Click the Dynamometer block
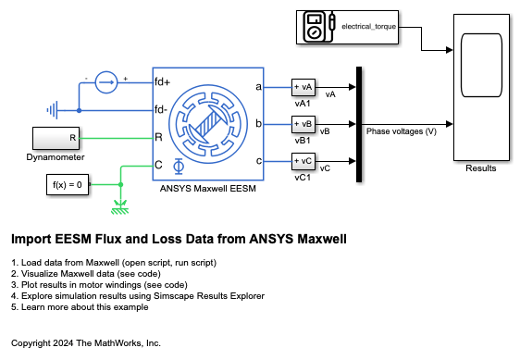click(x=56, y=139)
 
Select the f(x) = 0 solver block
click(x=68, y=185)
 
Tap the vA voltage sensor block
click(x=303, y=87)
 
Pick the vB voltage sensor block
click(x=303, y=124)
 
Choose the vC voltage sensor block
click(x=303, y=161)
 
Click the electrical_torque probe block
click(x=347, y=27)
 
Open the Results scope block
click(x=481, y=88)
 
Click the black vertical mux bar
click(x=359, y=124)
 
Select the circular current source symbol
click(x=106, y=82)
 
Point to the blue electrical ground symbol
click(x=53, y=110)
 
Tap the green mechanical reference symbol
click(x=120, y=207)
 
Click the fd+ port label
click(x=162, y=81)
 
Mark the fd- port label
click(x=161, y=109)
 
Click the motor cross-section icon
click(x=208, y=124)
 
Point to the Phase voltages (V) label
click(x=402, y=131)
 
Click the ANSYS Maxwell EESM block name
click(x=208, y=189)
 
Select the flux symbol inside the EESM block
click(x=179, y=167)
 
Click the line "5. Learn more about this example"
click(x=80, y=307)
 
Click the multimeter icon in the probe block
click(x=319, y=27)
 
